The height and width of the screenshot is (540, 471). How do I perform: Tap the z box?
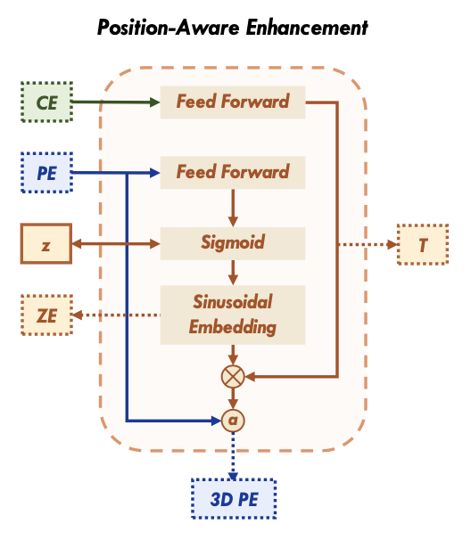click(45, 243)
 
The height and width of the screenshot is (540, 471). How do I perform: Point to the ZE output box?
click(45, 314)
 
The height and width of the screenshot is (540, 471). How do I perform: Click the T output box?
click(422, 243)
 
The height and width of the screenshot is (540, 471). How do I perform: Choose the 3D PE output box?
click(234, 498)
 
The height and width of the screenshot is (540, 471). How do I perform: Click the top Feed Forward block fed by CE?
click(232, 102)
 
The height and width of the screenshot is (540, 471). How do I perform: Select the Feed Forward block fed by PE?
click(232, 172)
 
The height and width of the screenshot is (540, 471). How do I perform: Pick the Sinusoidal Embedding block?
click(232, 315)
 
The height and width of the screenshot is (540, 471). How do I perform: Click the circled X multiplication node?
click(233, 377)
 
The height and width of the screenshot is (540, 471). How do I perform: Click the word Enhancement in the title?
click(301, 28)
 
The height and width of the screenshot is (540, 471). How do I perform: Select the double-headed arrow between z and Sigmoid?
click(116, 243)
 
